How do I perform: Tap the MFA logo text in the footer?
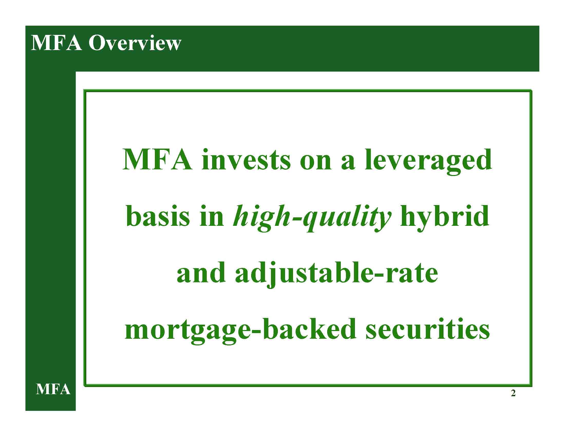point(53,389)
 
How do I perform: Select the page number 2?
point(513,400)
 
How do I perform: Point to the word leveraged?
point(428,162)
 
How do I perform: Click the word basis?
point(158,217)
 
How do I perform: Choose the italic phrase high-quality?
point(312,219)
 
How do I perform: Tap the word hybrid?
point(444,219)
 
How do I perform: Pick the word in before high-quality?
point(212,217)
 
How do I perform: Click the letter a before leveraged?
point(348,163)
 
